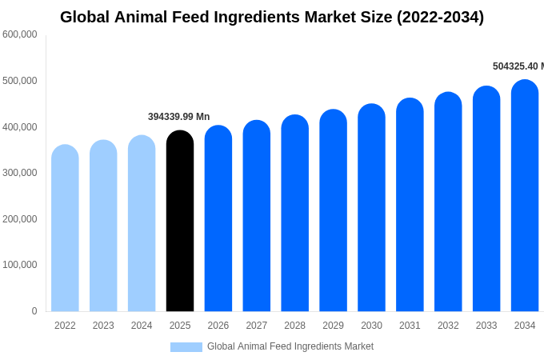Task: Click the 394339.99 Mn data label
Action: [178, 117]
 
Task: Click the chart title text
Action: [272, 17]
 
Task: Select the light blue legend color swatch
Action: [186, 347]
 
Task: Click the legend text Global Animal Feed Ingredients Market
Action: [290, 346]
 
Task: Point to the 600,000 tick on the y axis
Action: [20, 34]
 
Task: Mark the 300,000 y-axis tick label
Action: [20, 173]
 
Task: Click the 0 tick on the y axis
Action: [34, 311]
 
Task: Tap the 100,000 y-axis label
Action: [20, 265]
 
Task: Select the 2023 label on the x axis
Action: [103, 326]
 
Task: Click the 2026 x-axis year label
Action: [218, 326]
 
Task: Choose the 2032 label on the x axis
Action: [448, 326]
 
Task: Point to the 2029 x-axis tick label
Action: [333, 326]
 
